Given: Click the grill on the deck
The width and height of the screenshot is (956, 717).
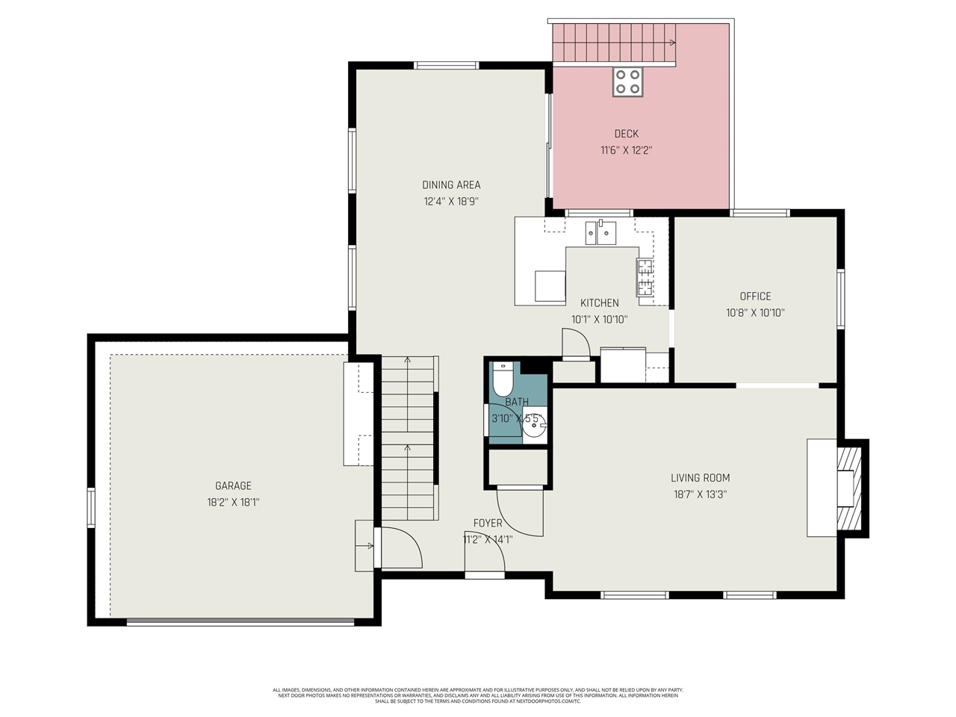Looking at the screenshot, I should [x=627, y=81].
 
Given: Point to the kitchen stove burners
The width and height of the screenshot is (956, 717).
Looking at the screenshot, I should [x=644, y=276].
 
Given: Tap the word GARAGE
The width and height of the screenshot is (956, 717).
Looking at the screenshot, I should [x=233, y=485].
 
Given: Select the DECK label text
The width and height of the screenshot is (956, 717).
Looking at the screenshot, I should [x=626, y=134].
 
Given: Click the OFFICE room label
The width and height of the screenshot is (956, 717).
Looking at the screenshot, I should [x=755, y=297].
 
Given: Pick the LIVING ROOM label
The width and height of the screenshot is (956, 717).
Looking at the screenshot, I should [x=700, y=478].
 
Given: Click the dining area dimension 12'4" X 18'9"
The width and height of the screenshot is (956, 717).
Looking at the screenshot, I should [x=451, y=201].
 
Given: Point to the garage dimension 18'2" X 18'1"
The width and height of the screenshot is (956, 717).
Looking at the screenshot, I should [x=233, y=503].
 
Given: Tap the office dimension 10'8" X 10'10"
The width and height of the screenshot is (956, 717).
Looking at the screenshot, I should [x=755, y=313].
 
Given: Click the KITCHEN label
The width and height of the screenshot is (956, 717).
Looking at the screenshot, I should [x=599, y=302].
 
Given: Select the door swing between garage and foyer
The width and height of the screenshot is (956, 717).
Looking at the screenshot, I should [x=401, y=548].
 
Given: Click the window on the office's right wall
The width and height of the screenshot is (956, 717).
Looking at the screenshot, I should [x=841, y=298].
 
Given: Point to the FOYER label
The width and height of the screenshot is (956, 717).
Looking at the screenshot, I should [x=488, y=523].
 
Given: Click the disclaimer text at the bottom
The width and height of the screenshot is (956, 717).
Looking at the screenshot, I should [x=478, y=695].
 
